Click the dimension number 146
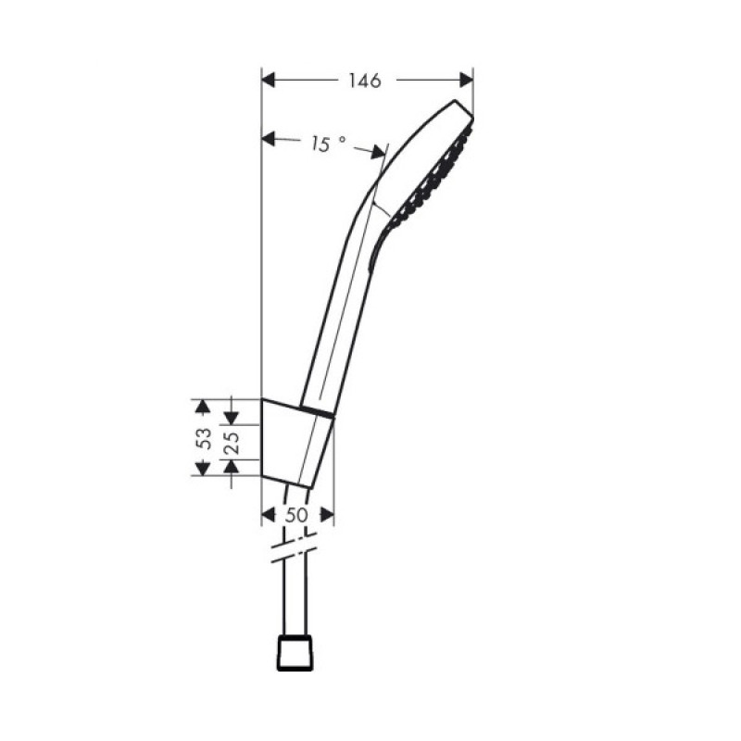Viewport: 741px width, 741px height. (x=366, y=82)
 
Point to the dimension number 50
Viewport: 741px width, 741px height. (x=296, y=515)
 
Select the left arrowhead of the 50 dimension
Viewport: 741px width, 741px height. (x=270, y=515)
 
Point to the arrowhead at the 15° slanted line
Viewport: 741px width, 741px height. (x=378, y=151)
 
